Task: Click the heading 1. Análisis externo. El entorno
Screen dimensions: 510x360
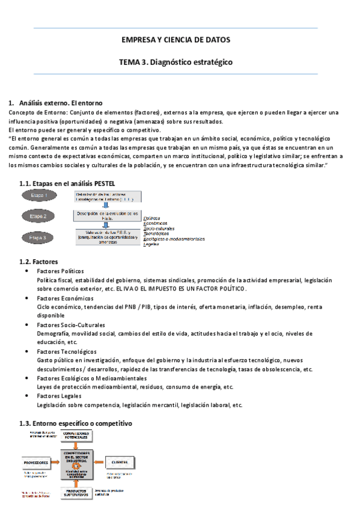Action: (55, 103)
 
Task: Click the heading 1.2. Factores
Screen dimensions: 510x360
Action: (39, 262)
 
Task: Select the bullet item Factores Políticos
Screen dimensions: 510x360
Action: (61, 271)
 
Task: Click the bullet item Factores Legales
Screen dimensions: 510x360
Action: (59, 396)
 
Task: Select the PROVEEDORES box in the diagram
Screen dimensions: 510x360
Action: (37, 462)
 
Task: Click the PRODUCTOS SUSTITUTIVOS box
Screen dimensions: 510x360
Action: (77, 494)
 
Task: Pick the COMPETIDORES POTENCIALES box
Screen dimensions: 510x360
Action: (77, 435)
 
